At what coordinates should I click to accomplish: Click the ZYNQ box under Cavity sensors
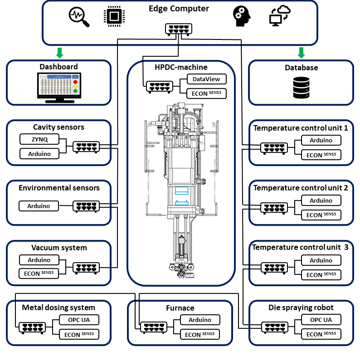pos(40,139)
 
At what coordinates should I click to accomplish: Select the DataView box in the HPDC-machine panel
pos(206,79)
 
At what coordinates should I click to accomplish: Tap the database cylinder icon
pos(301,88)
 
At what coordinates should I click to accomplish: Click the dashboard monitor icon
pos(58,88)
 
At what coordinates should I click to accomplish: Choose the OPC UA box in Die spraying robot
pos(321,320)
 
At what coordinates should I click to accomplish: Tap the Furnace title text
pos(180,308)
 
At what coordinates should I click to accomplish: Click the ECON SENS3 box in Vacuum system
pos(40,274)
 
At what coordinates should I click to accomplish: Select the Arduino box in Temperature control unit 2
pos(321,200)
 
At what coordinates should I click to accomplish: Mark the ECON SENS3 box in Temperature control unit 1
pos(321,155)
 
